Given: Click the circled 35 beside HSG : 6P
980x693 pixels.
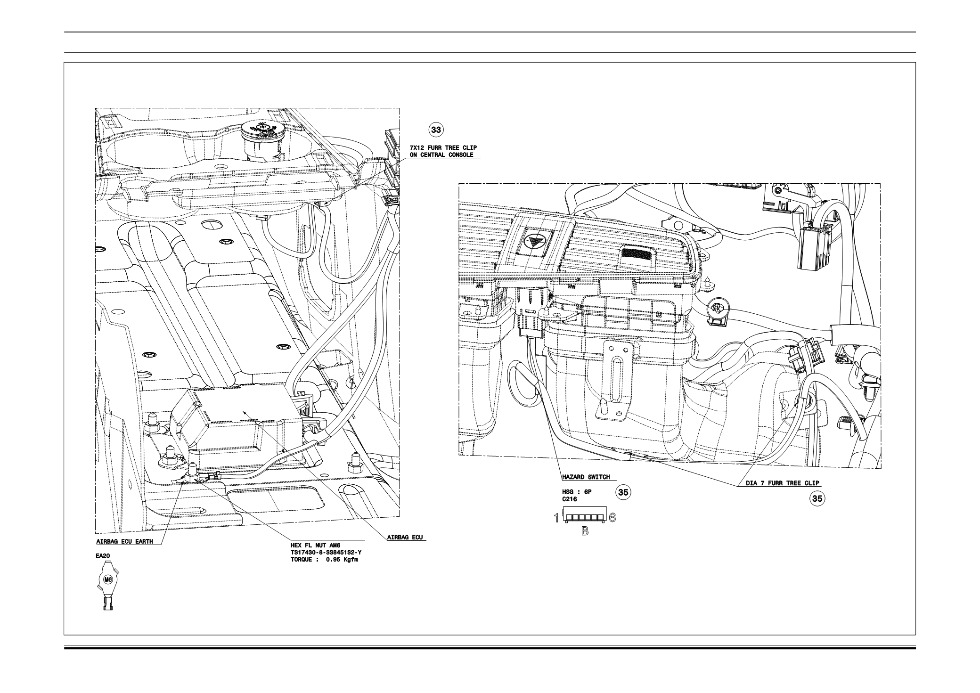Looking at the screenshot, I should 623,493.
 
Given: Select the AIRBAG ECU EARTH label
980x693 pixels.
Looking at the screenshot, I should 125,541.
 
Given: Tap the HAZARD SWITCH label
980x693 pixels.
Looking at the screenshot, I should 586,477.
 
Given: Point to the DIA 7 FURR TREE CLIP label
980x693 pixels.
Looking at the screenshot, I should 783,483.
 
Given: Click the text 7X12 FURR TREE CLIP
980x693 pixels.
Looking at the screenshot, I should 443,148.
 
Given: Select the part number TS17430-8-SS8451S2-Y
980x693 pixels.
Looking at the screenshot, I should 326,552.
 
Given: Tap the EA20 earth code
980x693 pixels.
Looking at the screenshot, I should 103,556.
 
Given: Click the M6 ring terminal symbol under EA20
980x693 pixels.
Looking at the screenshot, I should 108,579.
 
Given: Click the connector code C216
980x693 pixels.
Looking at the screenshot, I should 569,499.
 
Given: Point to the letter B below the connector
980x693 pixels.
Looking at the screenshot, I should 585,531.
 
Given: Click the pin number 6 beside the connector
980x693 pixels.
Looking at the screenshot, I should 612,518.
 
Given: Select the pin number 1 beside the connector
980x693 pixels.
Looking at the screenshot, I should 556,518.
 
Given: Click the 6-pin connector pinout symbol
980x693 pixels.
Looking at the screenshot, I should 584,518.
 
